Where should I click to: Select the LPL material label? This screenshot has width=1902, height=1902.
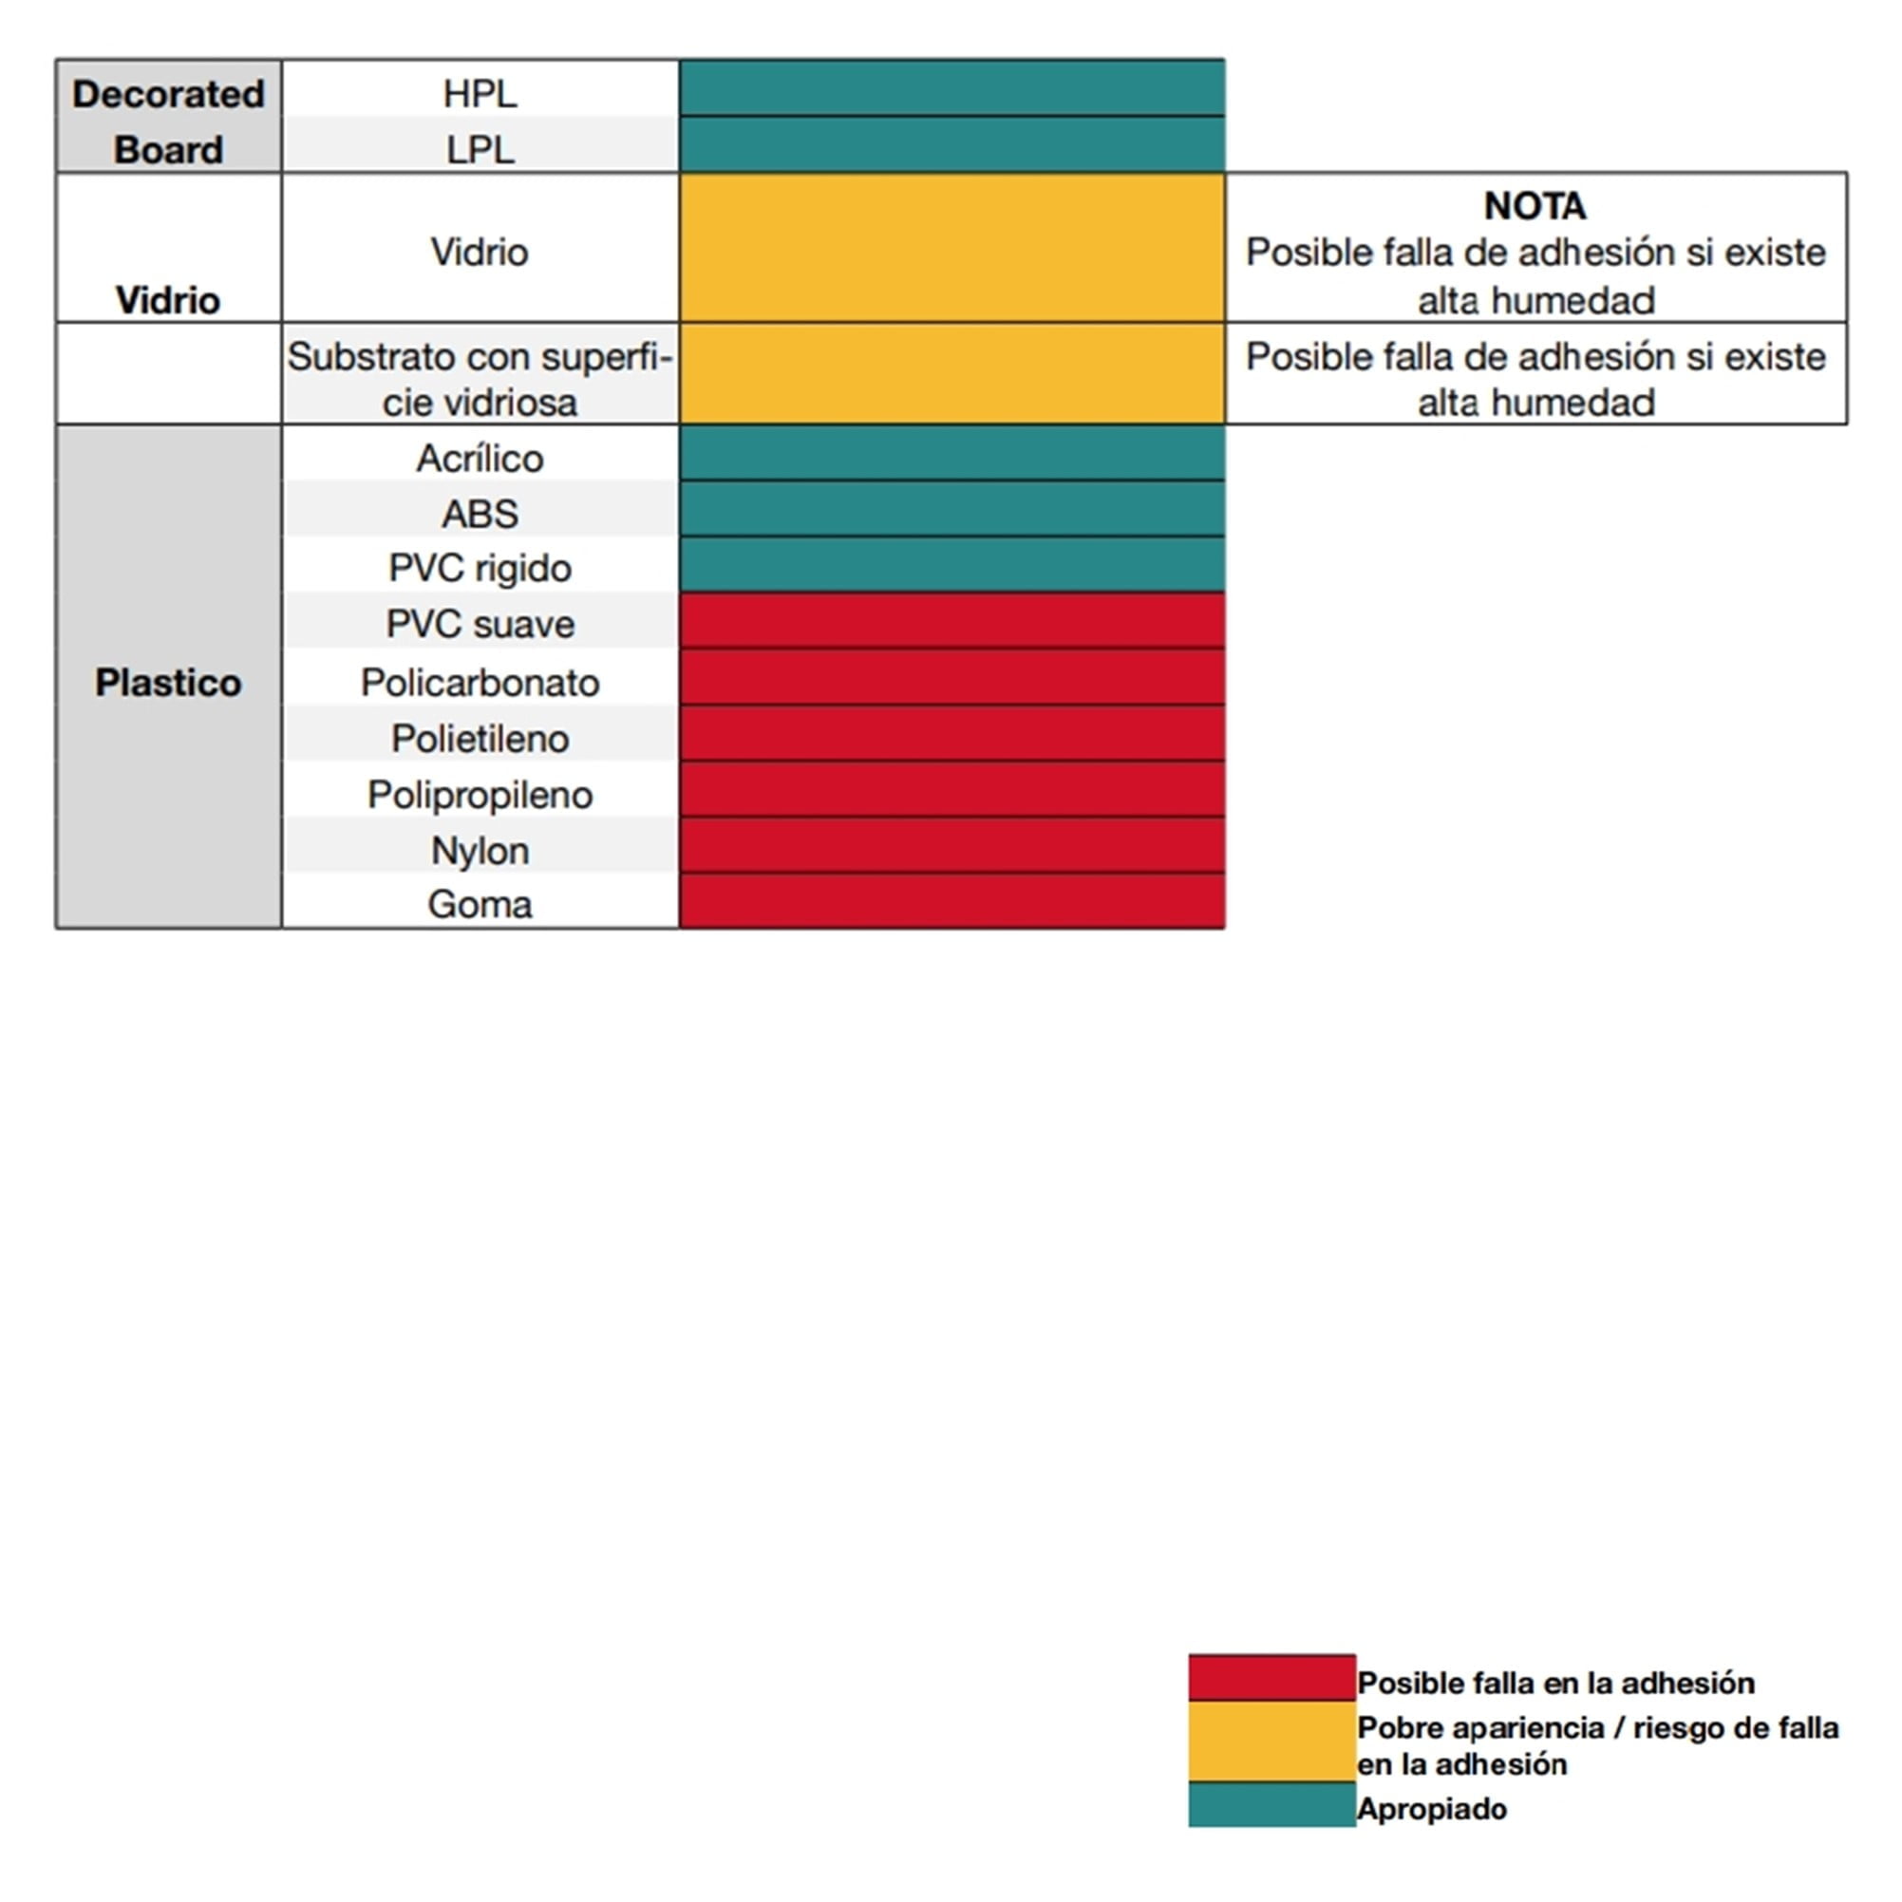coord(480,150)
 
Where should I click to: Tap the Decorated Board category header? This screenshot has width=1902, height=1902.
coord(168,122)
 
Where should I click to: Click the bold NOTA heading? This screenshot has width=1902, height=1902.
coord(1535,206)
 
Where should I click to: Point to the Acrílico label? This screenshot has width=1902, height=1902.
coord(480,458)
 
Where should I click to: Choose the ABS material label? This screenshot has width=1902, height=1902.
coord(480,513)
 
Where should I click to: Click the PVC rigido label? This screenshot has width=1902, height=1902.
coord(480,568)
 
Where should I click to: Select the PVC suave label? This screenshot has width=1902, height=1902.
coord(480,624)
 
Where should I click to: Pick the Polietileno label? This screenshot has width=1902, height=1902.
coord(480,739)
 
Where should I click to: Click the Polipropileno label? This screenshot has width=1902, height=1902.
coord(480,795)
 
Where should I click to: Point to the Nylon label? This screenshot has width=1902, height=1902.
coord(480,851)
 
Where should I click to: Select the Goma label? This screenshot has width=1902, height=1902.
coord(480,904)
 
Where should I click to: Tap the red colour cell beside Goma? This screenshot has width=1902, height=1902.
coord(952,901)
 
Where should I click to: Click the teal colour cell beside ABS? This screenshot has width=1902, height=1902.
coord(952,509)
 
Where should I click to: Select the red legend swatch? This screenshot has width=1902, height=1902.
coord(1271,1678)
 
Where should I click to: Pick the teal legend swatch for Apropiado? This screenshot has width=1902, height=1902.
coord(1271,1805)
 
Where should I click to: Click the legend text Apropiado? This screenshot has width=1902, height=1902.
coord(1431,1809)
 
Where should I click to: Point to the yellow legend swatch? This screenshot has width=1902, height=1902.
coord(1271,1742)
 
